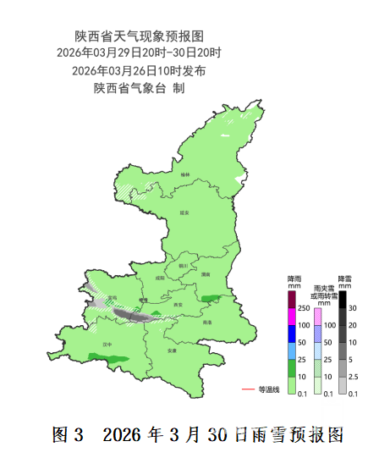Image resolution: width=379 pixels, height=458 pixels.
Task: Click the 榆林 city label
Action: [x=185, y=174]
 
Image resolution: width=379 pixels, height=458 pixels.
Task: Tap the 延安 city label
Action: [x=190, y=213]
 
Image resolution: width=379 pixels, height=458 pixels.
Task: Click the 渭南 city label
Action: [x=206, y=273]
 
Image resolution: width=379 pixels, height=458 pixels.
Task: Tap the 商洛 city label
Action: [x=208, y=323]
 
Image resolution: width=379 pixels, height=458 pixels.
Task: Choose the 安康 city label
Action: [x=172, y=350]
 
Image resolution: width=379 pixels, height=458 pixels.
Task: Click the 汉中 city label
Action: [x=107, y=345]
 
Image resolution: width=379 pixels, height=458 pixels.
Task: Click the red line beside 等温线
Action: [x=249, y=389]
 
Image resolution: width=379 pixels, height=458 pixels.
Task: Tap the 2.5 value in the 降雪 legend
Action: [x=354, y=376]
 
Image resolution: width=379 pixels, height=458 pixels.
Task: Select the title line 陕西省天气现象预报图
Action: [x=140, y=36]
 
